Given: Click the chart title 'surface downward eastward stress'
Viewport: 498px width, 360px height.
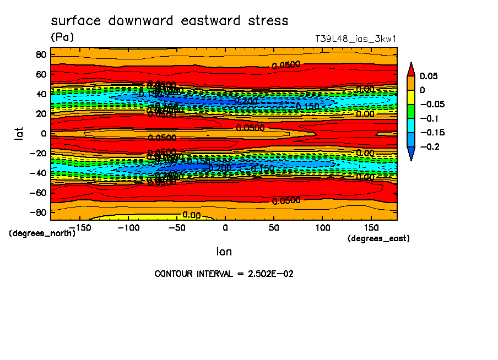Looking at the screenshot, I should (x=169, y=21).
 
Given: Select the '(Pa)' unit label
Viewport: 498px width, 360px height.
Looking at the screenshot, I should (x=62, y=37).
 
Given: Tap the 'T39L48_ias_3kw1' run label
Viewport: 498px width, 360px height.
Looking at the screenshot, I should (x=355, y=39).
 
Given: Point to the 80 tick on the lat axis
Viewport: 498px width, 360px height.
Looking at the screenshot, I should (x=40, y=54).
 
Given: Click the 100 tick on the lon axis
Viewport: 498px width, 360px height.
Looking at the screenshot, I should (x=322, y=227).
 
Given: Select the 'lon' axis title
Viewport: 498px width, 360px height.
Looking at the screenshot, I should (x=224, y=252).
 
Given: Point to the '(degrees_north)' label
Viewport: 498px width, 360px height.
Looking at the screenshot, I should (x=43, y=233).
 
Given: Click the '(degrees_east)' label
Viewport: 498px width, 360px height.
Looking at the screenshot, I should (x=378, y=238).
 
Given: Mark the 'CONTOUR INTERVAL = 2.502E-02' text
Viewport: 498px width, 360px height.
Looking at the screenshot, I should (x=224, y=274).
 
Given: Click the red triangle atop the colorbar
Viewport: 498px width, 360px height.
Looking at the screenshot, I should (x=410, y=69).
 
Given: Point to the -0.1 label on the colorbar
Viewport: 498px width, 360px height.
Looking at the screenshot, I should (x=429, y=118).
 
